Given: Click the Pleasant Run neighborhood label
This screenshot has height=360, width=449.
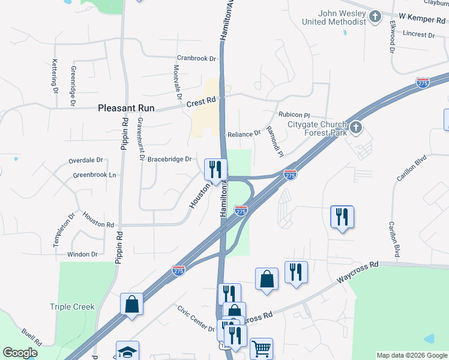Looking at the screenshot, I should click(x=126, y=109).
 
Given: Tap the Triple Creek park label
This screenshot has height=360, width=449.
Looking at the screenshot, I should click(x=72, y=307).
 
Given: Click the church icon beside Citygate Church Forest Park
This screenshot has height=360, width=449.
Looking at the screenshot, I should click(x=356, y=127).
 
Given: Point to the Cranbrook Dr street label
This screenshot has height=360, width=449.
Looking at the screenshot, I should click(x=196, y=59).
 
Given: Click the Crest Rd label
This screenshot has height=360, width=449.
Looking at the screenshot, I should click(x=200, y=103).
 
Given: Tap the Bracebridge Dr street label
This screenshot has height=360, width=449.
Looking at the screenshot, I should click(x=169, y=159).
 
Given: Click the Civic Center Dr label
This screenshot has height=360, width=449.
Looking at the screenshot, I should click(x=195, y=319).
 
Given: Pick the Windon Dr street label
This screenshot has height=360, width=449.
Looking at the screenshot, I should click(x=82, y=254).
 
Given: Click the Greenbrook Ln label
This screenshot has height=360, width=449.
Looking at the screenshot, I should click(x=94, y=175).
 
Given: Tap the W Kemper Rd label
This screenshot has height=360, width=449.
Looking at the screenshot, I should click(x=420, y=19).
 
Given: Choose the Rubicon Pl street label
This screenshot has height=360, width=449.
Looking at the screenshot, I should click(x=294, y=114).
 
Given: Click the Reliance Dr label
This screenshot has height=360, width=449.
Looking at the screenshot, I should click(x=244, y=134).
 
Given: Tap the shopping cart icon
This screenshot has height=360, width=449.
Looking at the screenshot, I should click(x=261, y=347).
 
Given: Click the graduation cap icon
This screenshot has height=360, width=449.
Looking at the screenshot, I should click(x=127, y=352).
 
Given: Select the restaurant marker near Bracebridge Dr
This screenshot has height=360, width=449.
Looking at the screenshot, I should click(x=215, y=169).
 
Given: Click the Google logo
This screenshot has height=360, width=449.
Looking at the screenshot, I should click(x=20, y=352).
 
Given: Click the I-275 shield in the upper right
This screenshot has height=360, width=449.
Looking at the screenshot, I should click(x=423, y=82).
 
